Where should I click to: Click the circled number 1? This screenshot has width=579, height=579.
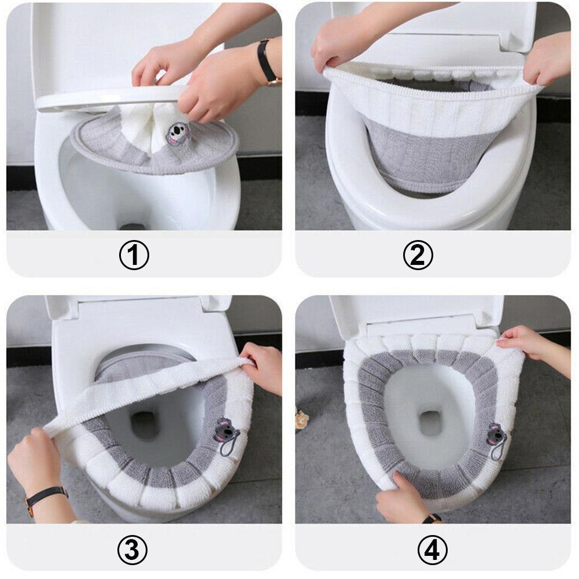click(x=134, y=255)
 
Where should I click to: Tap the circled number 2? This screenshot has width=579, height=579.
click(x=418, y=255)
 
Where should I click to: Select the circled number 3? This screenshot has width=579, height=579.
click(x=132, y=550)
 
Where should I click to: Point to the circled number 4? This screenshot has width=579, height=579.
click(x=432, y=550)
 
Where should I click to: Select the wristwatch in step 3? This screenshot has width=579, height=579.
click(x=46, y=498)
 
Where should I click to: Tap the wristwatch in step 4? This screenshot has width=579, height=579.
click(x=432, y=518)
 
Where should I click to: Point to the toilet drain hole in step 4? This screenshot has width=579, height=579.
click(x=430, y=423)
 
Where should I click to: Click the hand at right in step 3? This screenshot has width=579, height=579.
click(x=263, y=367)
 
